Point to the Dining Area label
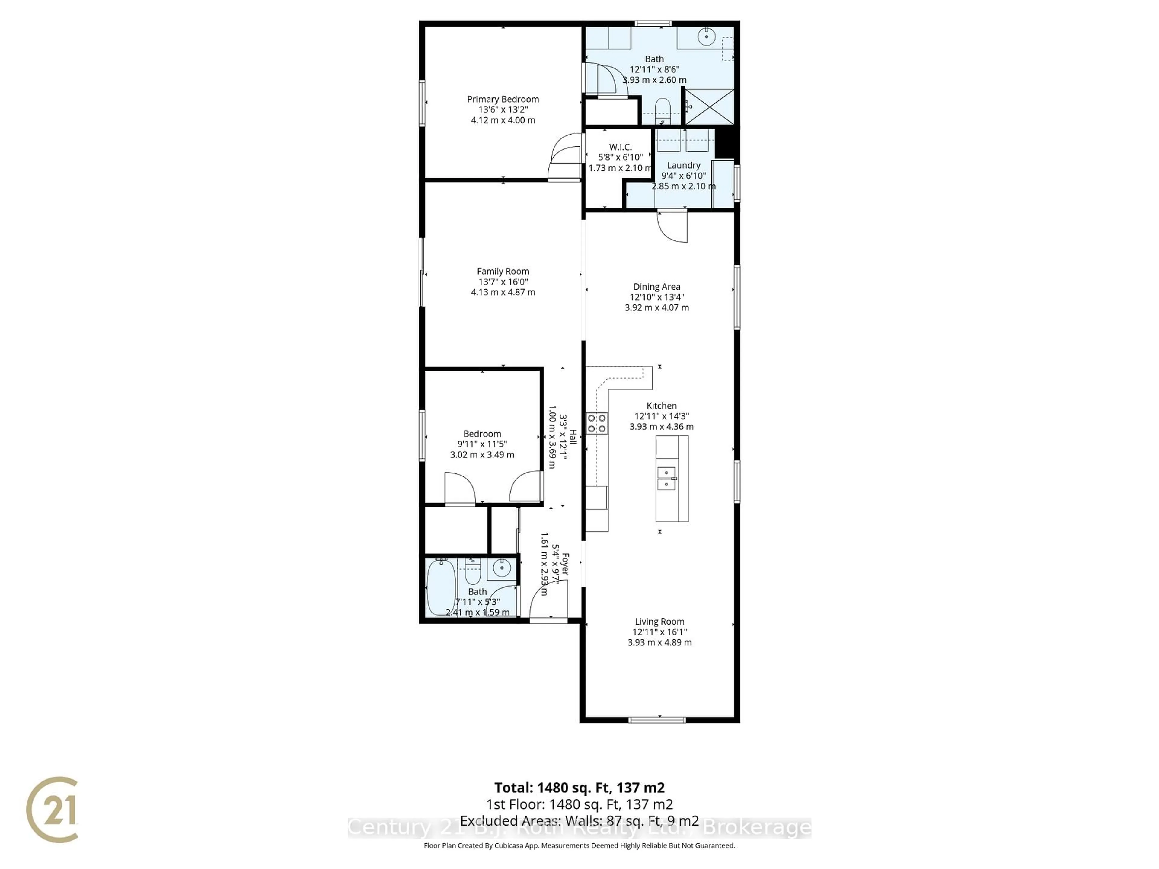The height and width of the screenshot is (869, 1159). point(656,287)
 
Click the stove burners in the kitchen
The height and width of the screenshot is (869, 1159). point(596,423)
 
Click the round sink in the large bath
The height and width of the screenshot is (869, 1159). point(707,36)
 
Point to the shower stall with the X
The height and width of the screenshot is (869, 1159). point(710,107)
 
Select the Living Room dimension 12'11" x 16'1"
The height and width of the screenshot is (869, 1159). point(659,632)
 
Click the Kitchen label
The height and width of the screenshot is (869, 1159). point(661,406)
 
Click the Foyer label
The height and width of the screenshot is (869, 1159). point(564,564)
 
